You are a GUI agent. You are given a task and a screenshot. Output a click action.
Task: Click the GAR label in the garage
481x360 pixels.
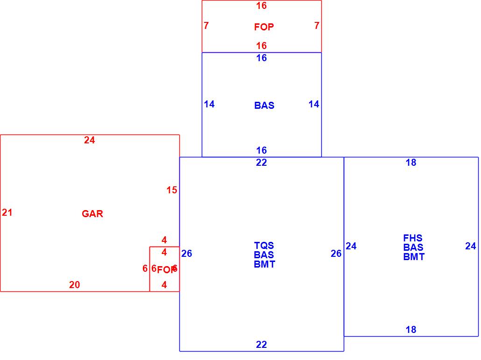pyautogui.click(x=92, y=214)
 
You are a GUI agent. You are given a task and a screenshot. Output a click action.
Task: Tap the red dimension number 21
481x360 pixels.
pyautogui.click(x=7, y=212)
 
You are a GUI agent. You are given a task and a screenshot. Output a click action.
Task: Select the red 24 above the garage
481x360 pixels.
pyautogui.click(x=90, y=140)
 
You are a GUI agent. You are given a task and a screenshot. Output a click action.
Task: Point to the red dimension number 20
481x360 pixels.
pyautogui.click(x=74, y=285)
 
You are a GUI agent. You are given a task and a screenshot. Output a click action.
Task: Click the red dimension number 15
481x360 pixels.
pyautogui.click(x=172, y=190)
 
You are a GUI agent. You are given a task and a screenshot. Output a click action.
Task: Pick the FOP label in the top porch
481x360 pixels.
pyautogui.click(x=264, y=27)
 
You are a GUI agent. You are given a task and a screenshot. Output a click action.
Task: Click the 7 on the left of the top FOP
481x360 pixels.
pyautogui.click(x=206, y=26)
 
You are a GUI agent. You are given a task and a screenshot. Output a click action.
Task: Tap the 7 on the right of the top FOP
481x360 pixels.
pyautogui.click(x=317, y=26)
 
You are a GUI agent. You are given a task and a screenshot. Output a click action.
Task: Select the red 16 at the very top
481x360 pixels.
pyautogui.click(x=262, y=6)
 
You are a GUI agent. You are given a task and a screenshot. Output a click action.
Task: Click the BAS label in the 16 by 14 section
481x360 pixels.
pyautogui.click(x=264, y=106)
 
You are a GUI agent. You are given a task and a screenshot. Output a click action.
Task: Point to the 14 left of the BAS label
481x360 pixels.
pyautogui.click(x=209, y=104)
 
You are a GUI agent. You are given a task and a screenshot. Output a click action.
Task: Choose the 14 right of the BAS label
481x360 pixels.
pyautogui.click(x=314, y=104)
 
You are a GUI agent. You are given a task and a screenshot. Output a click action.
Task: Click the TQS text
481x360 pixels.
pyautogui.click(x=264, y=245)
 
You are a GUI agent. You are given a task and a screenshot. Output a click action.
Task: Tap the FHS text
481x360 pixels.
pyautogui.click(x=413, y=238)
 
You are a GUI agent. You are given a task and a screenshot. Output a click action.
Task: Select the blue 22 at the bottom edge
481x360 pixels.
pyautogui.click(x=262, y=345)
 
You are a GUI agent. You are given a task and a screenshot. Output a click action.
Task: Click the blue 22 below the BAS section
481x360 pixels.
pyautogui.click(x=262, y=162)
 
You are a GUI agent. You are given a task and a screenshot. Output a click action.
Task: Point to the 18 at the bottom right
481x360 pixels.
pyautogui.click(x=411, y=330)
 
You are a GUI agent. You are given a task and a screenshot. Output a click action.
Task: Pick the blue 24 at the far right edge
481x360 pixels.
pyautogui.click(x=471, y=246)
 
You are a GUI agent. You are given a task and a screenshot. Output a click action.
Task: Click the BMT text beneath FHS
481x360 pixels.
pyautogui.click(x=414, y=257)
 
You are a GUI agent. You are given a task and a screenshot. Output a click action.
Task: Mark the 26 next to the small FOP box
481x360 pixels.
pyautogui.click(x=187, y=254)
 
